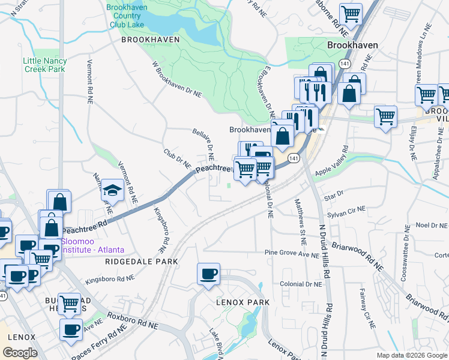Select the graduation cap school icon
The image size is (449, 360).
112,190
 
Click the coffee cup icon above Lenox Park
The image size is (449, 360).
208,274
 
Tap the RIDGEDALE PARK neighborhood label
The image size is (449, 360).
142,262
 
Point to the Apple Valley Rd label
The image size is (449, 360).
332,164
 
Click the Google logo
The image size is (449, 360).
20,353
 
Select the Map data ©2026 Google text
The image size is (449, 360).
411,355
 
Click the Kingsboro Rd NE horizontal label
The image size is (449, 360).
109,279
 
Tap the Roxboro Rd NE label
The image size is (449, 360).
132,320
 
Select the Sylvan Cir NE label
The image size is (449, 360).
346,211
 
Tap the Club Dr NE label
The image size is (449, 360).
177,159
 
